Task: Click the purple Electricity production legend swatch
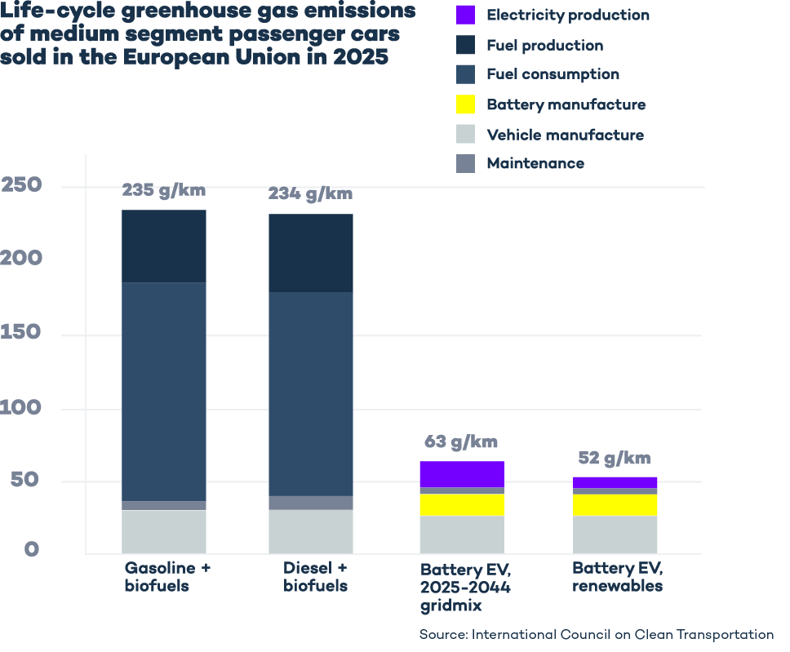point(465,15)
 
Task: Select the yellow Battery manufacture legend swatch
point(465,104)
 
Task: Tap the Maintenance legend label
point(535,163)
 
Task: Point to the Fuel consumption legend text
point(553,74)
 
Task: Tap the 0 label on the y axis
point(31,549)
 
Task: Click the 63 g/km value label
point(460,442)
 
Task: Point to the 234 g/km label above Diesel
point(310,193)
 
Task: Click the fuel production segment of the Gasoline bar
point(164,246)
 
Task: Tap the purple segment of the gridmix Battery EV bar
point(462,473)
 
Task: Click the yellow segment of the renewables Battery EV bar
point(615,504)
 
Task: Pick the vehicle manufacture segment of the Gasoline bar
point(164,531)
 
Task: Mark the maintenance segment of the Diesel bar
point(311,503)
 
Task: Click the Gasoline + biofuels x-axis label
point(167,576)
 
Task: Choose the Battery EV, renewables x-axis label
point(617,576)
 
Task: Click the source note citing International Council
point(596,634)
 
